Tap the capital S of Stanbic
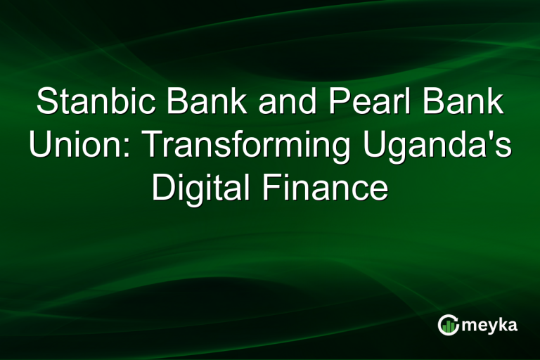pos(46,103)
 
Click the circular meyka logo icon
pos(448,324)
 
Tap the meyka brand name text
pos(491,326)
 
